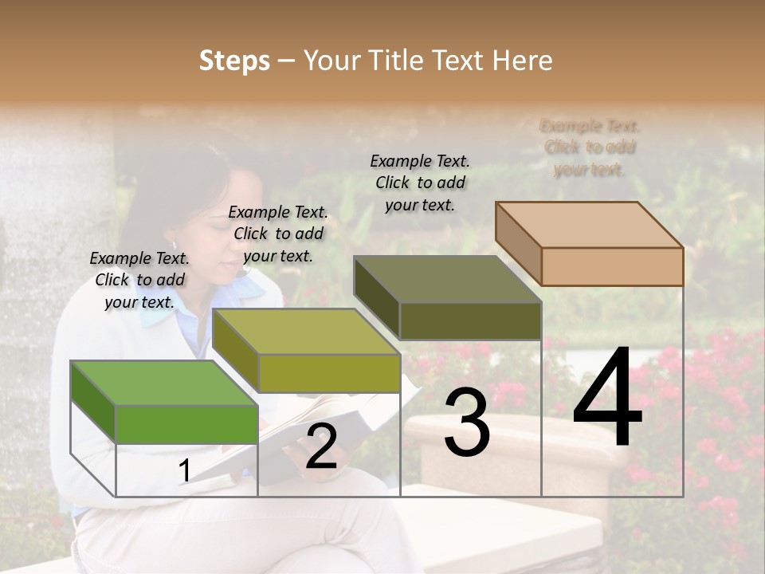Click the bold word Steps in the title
(x=234, y=61)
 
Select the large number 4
(x=607, y=399)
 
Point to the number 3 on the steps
(x=467, y=423)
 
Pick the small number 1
(x=184, y=471)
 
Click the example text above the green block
(x=139, y=280)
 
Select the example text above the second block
(x=278, y=234)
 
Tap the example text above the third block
(x=420, y=183)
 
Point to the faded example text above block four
(x=590, y=147)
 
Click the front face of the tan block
(x=612, y=266)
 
